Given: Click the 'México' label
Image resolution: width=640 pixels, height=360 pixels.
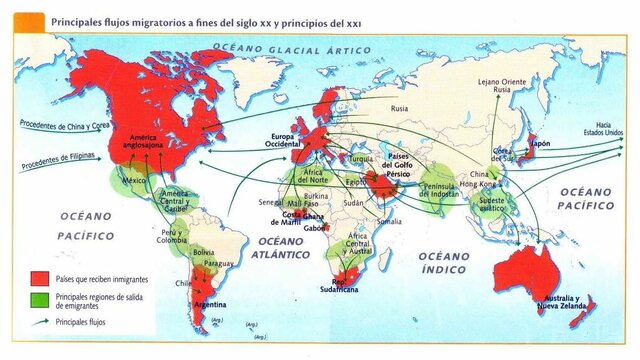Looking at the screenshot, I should [134, 182].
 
